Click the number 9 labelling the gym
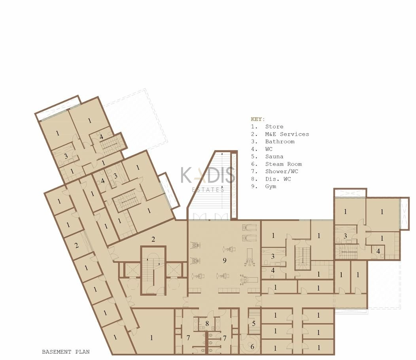coord(225,260)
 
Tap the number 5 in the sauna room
coord(253,323)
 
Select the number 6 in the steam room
coord(252,347)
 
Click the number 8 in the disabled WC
coord(207,323)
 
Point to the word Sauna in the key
coord(274,156)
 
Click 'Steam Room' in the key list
coord(284,164)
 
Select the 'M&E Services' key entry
coord(287,134)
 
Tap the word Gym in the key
coord(270,187)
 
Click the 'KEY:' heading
coord(257,119)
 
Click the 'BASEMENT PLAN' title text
coord(66,352)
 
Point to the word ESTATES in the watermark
coord(208,190)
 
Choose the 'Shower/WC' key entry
coord(282,171)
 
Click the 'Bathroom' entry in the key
coord(280,141)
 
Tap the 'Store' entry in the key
coord(274,127)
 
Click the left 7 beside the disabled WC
coord(188,338)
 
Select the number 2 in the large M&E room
coord(153,239)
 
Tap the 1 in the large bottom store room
coord(151,337)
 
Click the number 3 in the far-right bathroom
coord(345,236)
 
